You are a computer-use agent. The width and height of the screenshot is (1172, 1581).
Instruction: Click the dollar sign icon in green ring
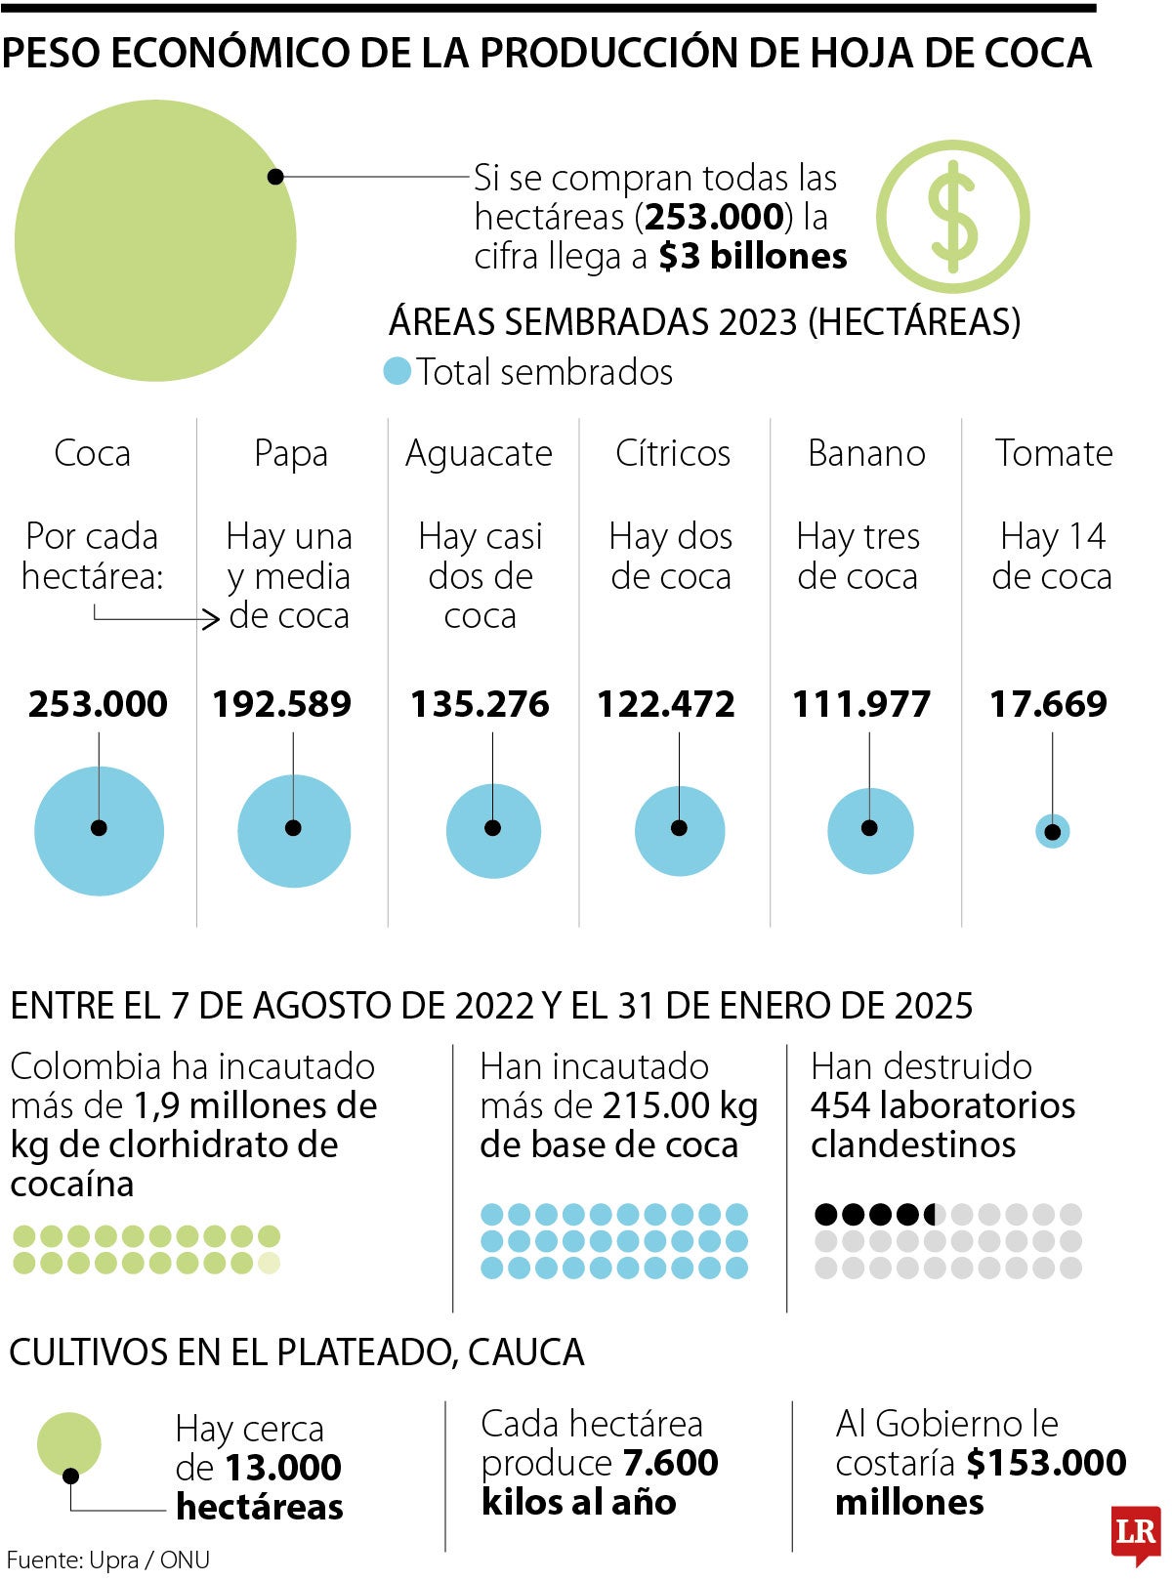click(x=952, y=217)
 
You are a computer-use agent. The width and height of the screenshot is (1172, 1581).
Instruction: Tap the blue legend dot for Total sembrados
click(x=397, y=372)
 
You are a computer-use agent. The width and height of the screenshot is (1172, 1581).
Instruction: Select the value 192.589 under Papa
click(x=281, y=704)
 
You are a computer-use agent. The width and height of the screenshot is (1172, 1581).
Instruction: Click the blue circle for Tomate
click(x=1052, y=832)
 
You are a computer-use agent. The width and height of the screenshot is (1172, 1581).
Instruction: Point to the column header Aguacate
click(x=479, y=453)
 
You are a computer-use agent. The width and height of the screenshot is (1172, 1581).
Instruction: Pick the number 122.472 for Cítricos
click(x=666, y=704)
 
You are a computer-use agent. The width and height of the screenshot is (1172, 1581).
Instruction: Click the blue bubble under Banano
click(x=869, y=831)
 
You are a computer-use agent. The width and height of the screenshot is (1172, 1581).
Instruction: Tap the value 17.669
click(x=1048, y=704)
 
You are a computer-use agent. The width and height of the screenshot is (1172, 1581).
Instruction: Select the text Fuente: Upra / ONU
click(x=108, y=1560)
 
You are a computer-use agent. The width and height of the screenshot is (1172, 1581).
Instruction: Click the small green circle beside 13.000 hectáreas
click(x=68, y=1444)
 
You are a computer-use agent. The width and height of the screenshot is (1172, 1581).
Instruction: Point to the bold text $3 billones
click(x=752, y=257)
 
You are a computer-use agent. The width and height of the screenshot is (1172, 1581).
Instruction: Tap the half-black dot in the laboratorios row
click(x=935, y=1215)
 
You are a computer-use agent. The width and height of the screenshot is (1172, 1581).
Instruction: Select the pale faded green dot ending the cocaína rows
click(x=270, y=1263)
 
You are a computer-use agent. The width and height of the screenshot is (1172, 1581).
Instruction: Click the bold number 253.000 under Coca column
click(x=98, y=704)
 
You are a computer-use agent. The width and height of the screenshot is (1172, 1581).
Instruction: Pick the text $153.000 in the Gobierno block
click(x=1046, y=1463)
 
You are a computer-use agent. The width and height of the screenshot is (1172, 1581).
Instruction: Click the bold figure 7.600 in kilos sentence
click(x=669, y=1463)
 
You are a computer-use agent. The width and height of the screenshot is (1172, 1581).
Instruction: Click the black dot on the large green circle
click(x=275, y=177)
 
